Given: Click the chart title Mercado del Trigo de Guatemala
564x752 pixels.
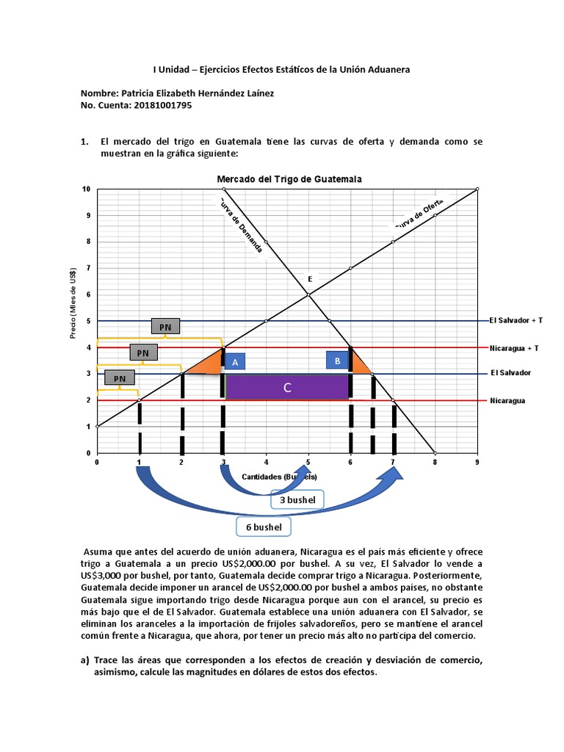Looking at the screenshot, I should click(x=288, y=179).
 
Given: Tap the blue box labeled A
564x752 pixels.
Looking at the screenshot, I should click(x=235, y=362).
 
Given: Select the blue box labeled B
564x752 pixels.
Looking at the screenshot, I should click(x=337, y=361).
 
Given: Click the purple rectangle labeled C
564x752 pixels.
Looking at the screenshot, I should click(x=287, y=387).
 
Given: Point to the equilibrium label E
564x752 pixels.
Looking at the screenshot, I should click(x=309, y=279).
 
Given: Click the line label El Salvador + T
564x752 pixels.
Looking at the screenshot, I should click(x=516, y=320).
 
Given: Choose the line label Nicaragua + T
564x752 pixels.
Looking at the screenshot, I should click(x=514, y=347).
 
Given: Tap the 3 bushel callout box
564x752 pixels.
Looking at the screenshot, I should click(x=297, y=500).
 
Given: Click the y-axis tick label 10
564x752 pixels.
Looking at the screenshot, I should click(x=87, y=189).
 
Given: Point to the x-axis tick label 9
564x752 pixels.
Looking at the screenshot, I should click(x=477, y=463).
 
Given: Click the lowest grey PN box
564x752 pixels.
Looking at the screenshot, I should click(x=119, y=378).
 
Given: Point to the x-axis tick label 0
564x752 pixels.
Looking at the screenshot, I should click(x=97, y=463).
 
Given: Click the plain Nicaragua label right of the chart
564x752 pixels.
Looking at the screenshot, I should click(x=508, y=400).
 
